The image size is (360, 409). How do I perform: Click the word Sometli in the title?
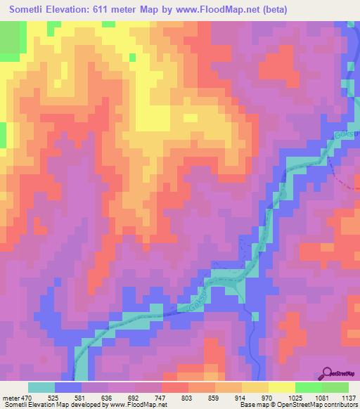click(32, 9)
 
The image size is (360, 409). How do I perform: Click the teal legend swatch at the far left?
click(41, 387)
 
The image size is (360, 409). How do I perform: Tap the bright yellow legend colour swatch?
click(281, 387)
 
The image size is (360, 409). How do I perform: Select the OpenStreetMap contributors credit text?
click(311, 405)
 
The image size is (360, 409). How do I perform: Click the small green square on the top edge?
click(109, 24)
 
